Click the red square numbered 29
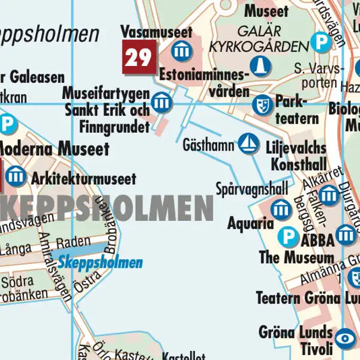point(139,58)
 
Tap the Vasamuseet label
point(156,31)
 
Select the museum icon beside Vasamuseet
point(181,51)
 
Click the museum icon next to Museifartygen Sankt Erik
point(161,103)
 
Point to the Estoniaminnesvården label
point(205,83)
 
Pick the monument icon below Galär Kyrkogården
point(259,65)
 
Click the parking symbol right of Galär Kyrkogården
point(322,41)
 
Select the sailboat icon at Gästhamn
point(247,143)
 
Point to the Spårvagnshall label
point(252,189)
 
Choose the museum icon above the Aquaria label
point(281,209)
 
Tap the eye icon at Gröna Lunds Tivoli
point(345,338)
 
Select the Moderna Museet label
point(54,148)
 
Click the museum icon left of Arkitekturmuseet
point(16,176)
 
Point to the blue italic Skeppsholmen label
point(100,262)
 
